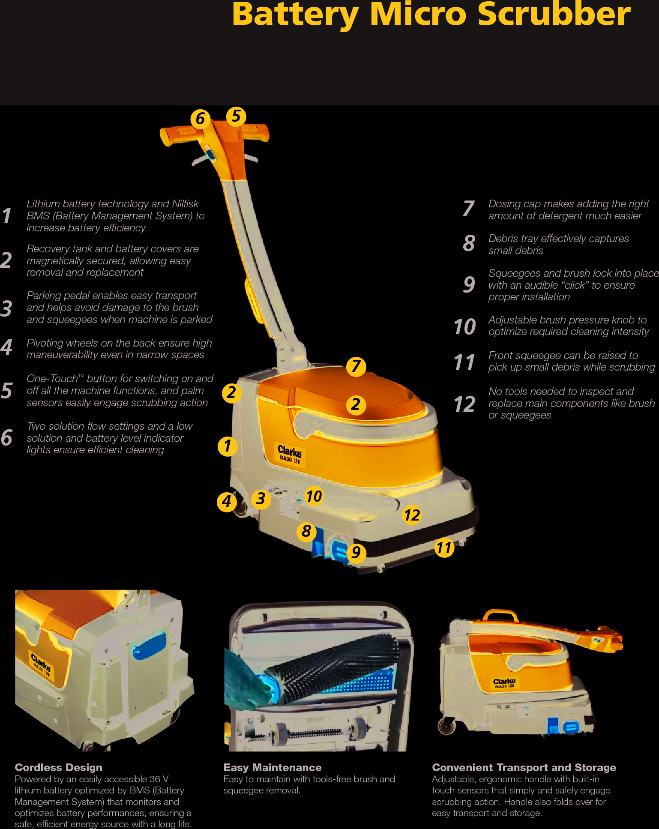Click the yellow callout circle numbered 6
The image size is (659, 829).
coord(200,119)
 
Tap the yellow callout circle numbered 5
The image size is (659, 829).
coord(236,116)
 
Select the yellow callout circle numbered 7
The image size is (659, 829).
coord(356,367)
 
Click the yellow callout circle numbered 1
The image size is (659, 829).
coord(228,446)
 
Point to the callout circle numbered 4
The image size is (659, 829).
coord(227,501)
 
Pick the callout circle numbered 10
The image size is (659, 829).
coord(314,496)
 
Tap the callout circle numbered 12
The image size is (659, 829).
coord(412,515)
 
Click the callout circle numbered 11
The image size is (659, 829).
coord(444,548)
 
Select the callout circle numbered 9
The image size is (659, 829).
coord(356,553)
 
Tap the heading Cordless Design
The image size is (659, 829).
coord(58,767)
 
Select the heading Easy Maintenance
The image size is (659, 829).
coord(272,767)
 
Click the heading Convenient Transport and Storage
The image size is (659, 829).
coord(524,767)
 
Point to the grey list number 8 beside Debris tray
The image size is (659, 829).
coord(469,243)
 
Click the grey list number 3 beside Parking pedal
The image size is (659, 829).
coord(6,308)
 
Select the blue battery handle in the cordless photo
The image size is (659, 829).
coord(150,646)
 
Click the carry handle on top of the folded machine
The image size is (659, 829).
coord(500,616)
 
